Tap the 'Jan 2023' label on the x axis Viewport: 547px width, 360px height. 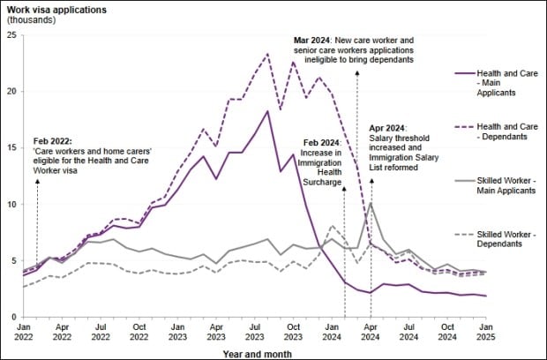(176, 331)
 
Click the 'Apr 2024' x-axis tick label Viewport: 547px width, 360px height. (371, 331)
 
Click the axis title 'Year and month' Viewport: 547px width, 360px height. (253, 351)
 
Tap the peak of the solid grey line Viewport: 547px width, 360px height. (371, 203)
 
